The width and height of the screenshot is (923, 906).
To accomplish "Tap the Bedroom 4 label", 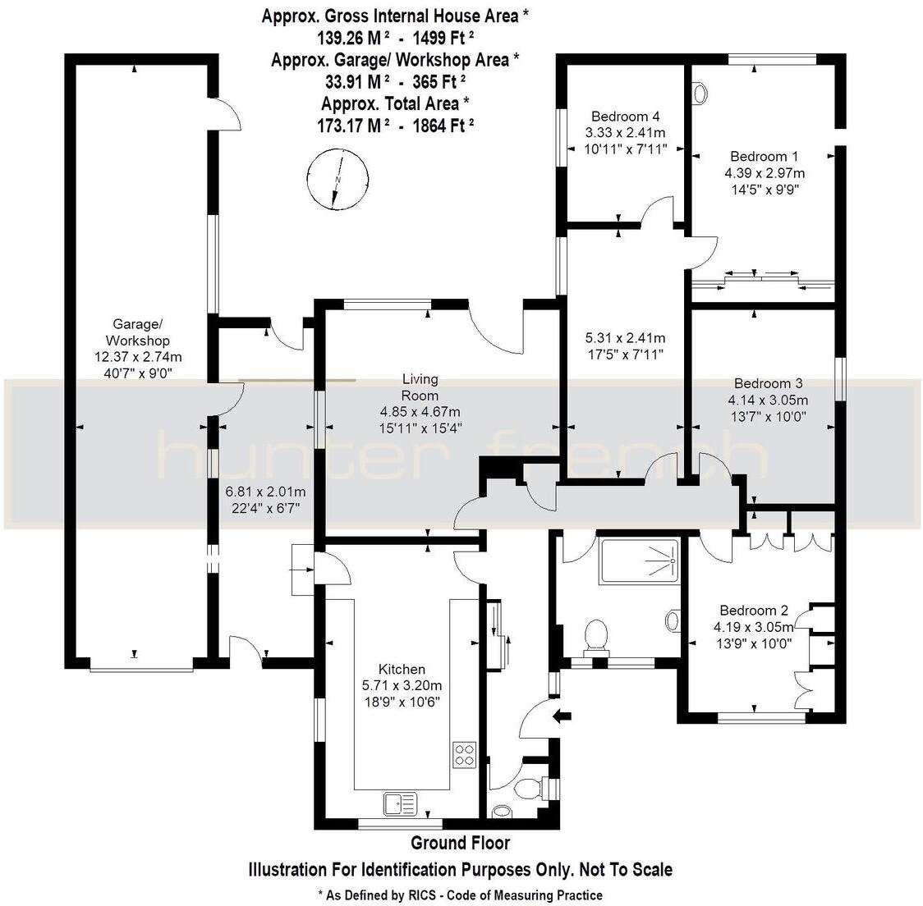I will tap(625, 117).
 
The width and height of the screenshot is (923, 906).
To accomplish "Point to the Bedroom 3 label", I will tap(768, 383).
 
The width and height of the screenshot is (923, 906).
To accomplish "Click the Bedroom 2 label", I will tap(753, 611).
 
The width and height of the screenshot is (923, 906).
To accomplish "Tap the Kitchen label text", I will tap(402, 669).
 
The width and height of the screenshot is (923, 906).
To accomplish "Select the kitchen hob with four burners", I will tap(465, 753).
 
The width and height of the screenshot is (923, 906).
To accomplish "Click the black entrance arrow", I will tap(563, 716).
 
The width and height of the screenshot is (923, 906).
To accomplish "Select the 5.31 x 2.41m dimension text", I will tap(625, 338).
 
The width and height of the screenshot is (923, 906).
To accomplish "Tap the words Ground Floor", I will tap(460, 843).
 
